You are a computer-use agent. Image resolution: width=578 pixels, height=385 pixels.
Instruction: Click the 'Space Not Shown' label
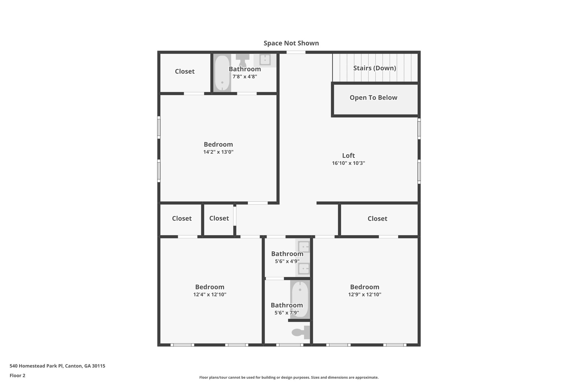(x=291, y=43)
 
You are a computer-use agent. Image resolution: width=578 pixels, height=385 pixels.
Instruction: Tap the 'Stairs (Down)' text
(x=375, y=68)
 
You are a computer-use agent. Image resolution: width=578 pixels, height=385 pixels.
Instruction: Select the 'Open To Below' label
(x=373, y=98)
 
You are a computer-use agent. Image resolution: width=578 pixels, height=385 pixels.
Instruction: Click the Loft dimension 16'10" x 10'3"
(x=348, y=163)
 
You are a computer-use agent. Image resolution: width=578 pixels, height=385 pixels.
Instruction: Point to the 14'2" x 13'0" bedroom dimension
(x=218, y=152)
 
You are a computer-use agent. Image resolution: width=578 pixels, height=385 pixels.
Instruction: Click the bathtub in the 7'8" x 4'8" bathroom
(x=222, y=73)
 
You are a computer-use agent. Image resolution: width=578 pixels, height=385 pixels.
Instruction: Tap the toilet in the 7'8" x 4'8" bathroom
(x=242, y=60)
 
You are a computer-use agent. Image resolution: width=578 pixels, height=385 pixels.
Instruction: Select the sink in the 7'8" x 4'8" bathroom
(x=265, y=60)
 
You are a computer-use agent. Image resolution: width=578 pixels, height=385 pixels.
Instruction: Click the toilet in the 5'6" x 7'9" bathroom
(x=301, y=332)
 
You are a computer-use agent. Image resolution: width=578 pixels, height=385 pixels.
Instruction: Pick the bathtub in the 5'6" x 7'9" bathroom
(x=300, y=299)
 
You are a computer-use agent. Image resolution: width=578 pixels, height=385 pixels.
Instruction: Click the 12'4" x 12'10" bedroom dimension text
(x=209, y=294)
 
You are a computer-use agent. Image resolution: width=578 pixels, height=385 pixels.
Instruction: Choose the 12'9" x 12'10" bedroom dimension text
(x=364, y=294)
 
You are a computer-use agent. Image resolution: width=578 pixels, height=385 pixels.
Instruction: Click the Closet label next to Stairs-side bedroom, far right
(x=377, y=219)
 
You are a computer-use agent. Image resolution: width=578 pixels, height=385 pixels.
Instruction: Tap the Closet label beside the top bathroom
(x=185, y=71)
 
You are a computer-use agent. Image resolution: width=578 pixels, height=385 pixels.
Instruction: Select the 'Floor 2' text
(x=17, y=375)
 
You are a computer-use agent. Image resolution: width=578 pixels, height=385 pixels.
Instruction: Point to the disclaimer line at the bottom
(x=289, y=377)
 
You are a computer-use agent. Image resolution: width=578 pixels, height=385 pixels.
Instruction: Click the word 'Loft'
(x=348, y=155)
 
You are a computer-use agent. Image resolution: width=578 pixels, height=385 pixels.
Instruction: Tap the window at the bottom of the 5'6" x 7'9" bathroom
(x=290, y=345)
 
